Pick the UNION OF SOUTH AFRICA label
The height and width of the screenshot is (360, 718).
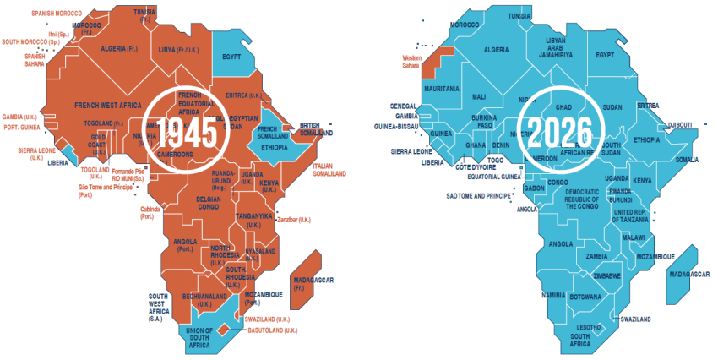coord(200,338)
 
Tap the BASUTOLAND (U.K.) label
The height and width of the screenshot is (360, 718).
coord(272,330)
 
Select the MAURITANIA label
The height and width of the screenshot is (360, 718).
coord(442,88)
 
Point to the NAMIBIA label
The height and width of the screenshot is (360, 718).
coord(554,295)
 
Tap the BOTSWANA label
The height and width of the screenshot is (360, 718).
coord(585,297)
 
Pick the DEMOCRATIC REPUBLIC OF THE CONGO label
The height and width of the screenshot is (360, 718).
coord(583,199)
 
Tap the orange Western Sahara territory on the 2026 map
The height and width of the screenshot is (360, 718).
coord(433,57)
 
